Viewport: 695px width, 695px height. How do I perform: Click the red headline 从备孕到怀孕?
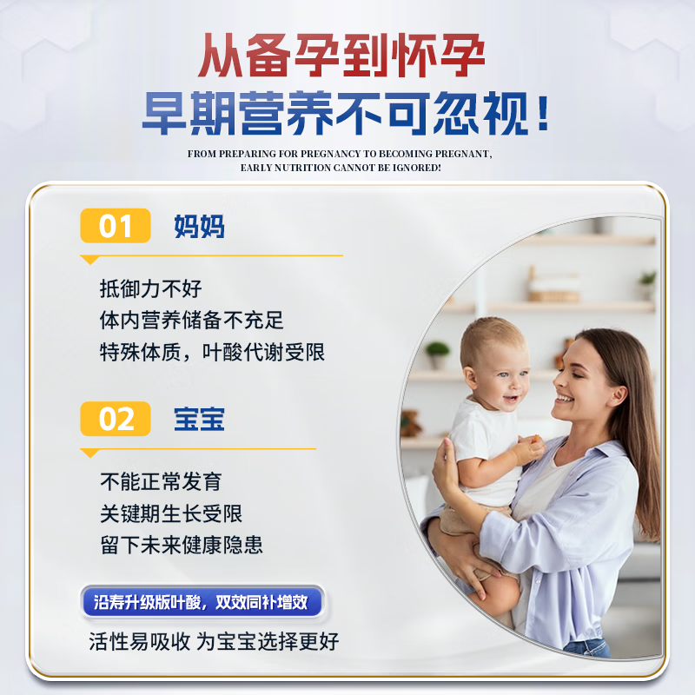(341, 58)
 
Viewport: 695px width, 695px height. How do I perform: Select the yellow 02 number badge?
(116, 419)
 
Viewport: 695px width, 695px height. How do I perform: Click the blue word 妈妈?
(199, 226)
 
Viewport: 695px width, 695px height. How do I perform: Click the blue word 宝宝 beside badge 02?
(199, 419)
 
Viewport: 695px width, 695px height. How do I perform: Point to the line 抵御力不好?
(150, 288)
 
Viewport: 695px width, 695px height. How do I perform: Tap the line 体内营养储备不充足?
(192, 321)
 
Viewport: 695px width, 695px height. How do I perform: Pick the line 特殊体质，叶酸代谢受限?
(213, 353)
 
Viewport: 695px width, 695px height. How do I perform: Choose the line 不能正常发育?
(161, 481)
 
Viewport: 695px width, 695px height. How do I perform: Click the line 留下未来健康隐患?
(182, 546)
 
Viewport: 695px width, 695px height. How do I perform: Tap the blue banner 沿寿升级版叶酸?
(202, 601)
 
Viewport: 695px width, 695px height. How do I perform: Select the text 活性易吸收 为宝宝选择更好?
(214, 642)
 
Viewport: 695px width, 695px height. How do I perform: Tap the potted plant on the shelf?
(437, 353)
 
